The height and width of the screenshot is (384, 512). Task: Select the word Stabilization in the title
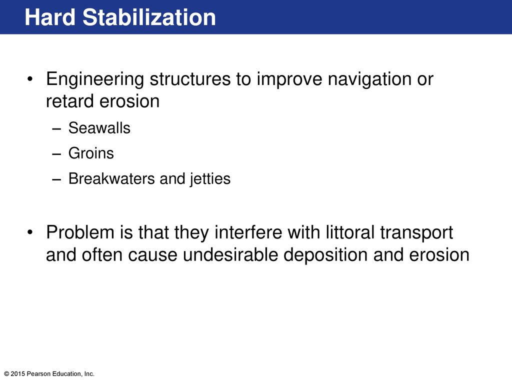pyautogui.click(x=149, y=17)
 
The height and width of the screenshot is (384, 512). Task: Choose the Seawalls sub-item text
pyautogui.click(x=99, y=127)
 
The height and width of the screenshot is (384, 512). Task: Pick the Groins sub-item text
pyautogui.click(x=91, y=153)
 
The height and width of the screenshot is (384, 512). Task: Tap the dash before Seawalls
pyautogui.click(x=56, y=129)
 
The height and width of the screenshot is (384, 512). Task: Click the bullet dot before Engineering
pyautogui.click(x=30, y=79)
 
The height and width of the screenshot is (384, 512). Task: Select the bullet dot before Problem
pyautogui.click(x=30, y=232)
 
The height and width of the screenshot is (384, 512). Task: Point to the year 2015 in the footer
pyautogui.click(x=18, y=374)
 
